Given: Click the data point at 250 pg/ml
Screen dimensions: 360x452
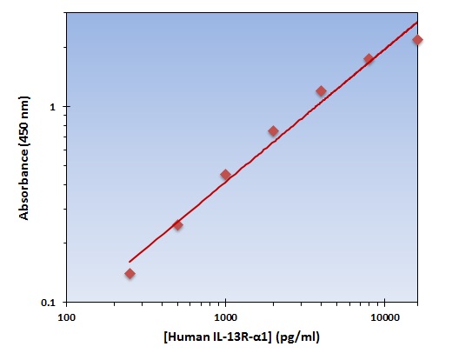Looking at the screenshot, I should [130, 274].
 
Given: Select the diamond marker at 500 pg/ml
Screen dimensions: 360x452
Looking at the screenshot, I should [177, 225].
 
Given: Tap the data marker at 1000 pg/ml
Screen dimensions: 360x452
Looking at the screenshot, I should [225, 175].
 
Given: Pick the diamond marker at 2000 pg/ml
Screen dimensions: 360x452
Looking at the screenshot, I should [273, 131].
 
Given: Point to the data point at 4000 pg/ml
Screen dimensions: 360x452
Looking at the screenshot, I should [321, 91].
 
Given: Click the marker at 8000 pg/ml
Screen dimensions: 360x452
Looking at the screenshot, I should [369, 59].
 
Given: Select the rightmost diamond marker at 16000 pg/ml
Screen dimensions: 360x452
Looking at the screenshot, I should [417, 40].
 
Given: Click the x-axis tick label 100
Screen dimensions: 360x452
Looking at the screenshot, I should [66, 317].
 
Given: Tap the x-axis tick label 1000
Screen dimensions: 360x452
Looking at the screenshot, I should [225, 317].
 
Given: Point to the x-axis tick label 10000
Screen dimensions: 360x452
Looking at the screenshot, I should [385, 317].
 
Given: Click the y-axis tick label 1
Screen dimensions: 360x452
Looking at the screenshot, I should [53, 107].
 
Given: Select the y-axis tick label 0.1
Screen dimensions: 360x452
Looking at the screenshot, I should [49, 303].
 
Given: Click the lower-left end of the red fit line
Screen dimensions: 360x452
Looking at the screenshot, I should [130, 261].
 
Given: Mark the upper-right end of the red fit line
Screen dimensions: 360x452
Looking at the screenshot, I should [417, 23].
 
